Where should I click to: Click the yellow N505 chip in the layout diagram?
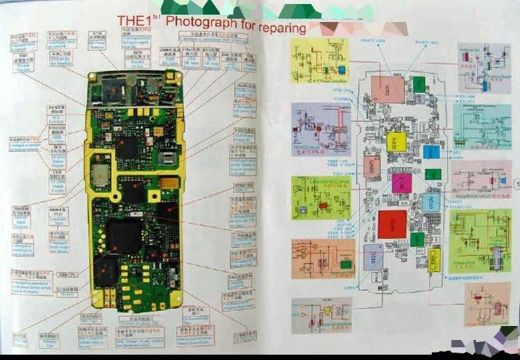395,141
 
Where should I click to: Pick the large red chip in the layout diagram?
392,224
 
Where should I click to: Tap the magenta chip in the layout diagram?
401,182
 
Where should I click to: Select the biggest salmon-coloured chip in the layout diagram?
387,89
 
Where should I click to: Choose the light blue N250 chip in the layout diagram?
431,202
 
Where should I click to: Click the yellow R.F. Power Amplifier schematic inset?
319,61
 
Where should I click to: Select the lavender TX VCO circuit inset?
321,129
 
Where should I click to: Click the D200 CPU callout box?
66,275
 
